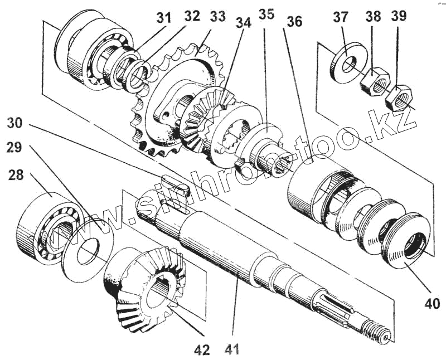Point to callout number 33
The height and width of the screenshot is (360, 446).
(x=218, y=16)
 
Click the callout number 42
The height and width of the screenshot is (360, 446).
(x=201, y=349)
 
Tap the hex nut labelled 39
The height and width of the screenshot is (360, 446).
(x=397, y=99)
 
